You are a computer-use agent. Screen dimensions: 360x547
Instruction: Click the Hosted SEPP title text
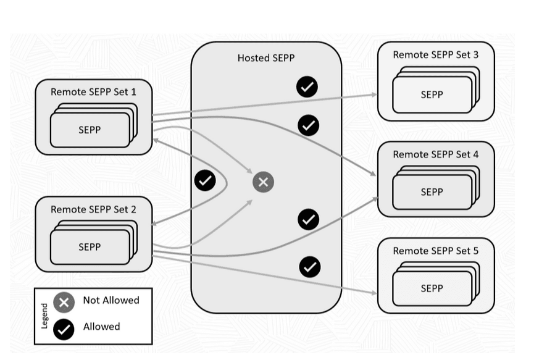pyautogui.click(x=266, y=58)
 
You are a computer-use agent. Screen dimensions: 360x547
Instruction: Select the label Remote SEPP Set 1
pyautogui.click(x=93, y=92)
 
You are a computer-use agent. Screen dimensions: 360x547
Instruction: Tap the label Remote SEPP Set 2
pyautogui.click(x=93, y=209)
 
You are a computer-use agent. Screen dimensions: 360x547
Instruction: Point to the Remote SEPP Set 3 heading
pyautogui.click(x=435, y=55)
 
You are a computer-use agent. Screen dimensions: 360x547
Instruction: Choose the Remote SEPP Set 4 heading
pyautogui.click(x=435, y=154)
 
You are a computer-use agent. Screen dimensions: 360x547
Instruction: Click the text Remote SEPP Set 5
pyautogui.click(x=435, y=251)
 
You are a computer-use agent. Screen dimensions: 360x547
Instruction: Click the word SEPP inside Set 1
pyautogui.click(x=90, y=130)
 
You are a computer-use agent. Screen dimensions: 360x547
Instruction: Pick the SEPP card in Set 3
pyautogui.click(x=432, y=94)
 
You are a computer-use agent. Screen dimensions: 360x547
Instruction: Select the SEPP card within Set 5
pyautogui.click(x=432, y=288)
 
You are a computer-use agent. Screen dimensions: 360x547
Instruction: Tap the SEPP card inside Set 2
pyautogui.click(x=90, y=247)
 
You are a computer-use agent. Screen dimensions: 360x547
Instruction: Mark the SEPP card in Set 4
pyautogui.click(x=432, y=192)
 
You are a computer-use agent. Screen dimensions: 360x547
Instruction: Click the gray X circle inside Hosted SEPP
pyautogui.click(x=263, y=182)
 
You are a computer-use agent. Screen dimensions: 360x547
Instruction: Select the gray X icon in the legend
pyautogui.click(x=64, y=303)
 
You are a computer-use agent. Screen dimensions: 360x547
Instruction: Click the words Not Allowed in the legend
pyautogui.click(x=111, y=301)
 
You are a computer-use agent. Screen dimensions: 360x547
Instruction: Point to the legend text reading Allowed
pyautogui.click(x=102, y=327)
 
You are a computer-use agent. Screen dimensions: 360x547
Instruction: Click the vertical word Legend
pyautogui.click(x=44, y=316)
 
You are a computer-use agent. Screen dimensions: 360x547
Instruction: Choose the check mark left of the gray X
pyautogui.click(x=205, y=180)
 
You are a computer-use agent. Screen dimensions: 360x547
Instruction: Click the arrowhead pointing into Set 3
pyautogui.click(x=374, y=94)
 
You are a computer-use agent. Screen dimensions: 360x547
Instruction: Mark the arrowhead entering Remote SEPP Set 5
pyautogui.click(x=374, y=293)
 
